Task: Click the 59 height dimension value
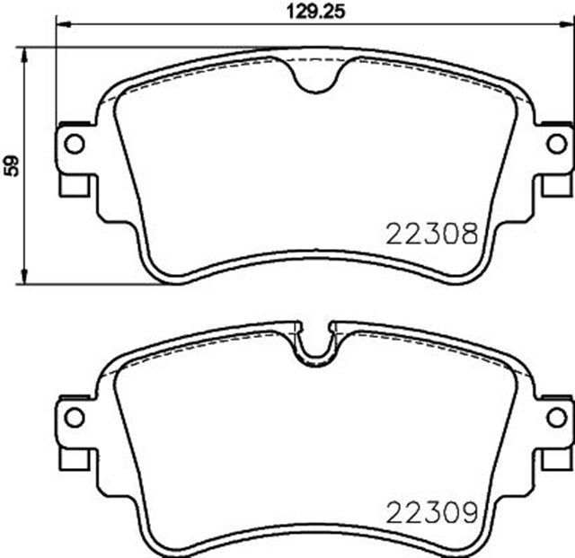click(12, 164)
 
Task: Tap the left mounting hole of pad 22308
click(75, 143)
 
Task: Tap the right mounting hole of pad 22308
click(556, 143)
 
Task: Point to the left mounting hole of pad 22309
click(75, 416)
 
